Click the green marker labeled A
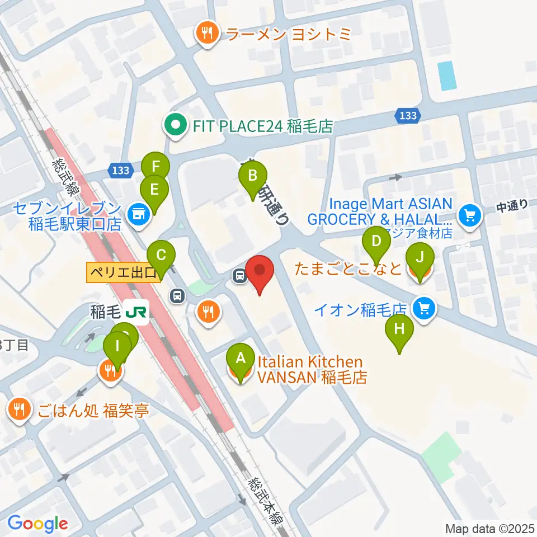click(241, 357)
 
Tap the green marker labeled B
click(252, 177)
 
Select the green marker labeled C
click(161, 256)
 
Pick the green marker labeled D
click(376, 242)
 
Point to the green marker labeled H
click(399, 329)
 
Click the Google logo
click(37, 524)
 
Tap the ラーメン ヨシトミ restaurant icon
click(207, 35)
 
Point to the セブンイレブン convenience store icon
click(136, 213)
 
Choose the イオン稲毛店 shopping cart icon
click(423, 308)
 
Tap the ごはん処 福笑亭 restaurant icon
click(20, 410)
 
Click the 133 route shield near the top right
click(408, 116)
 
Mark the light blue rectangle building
click(447, 76)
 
